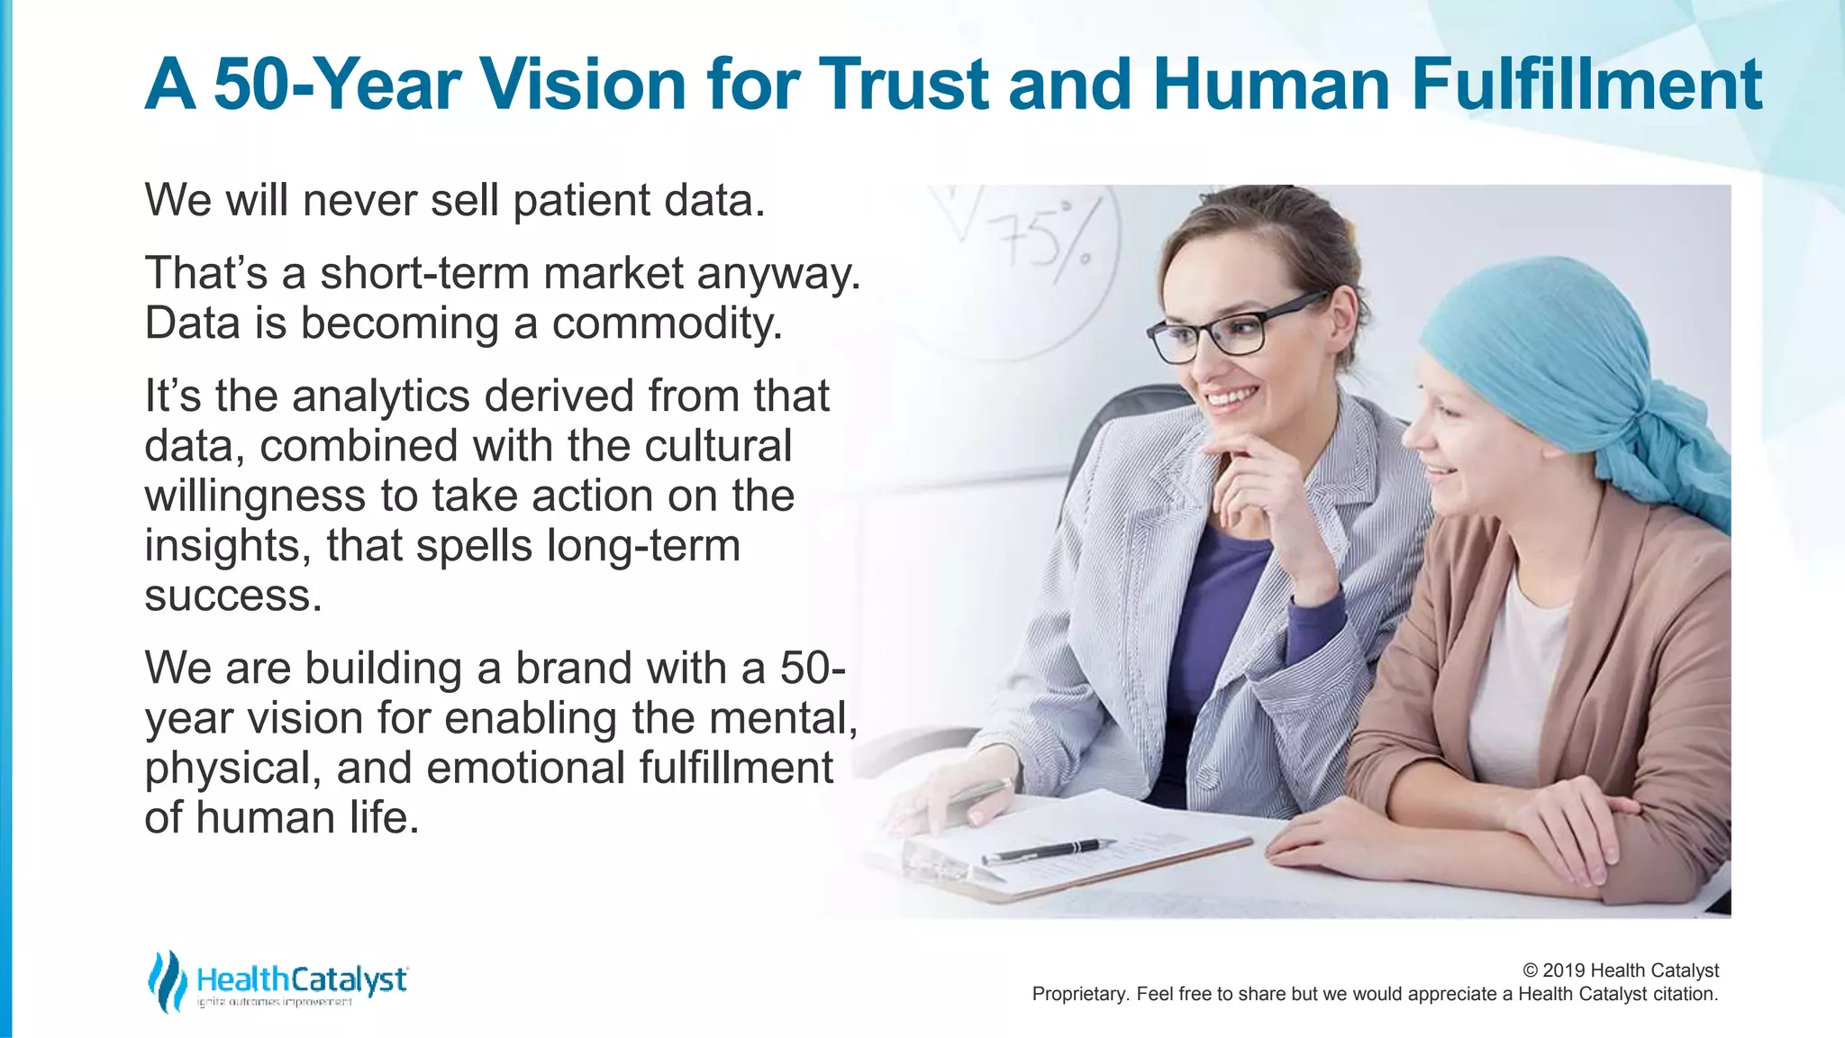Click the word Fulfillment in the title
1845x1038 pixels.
(1586, 84)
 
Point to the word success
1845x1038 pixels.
(232, 596)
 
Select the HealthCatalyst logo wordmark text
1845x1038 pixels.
(302, 979)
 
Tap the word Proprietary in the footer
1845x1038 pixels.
(1079, 994)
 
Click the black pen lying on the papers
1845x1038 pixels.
(1045, 850)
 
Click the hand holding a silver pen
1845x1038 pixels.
(946, 797)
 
